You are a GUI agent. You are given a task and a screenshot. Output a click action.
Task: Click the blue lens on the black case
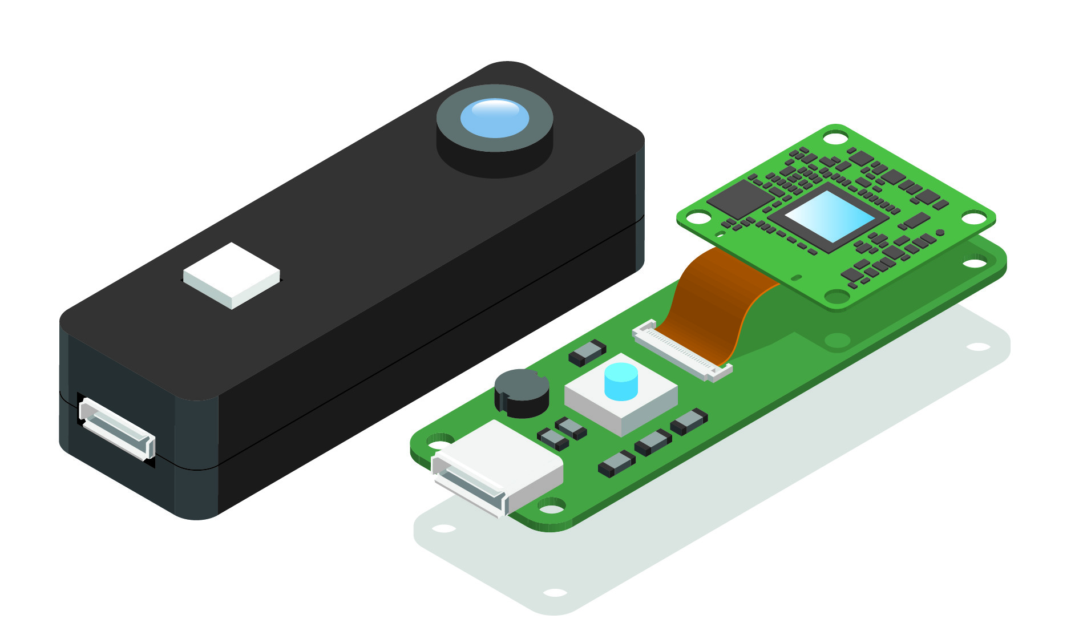[x=495, y=118]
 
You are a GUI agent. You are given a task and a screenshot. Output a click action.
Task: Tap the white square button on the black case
[x=231, y=275]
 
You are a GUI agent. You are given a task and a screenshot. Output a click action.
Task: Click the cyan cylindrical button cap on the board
[x=620, y=381]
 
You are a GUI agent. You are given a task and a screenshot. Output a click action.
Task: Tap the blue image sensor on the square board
[x=829, y=216]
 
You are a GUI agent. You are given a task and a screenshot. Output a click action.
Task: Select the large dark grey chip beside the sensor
[x=740, y=199]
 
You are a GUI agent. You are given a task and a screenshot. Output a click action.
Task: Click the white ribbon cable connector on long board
[x=682, y=351]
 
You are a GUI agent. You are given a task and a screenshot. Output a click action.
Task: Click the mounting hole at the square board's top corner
[x=836, y=137]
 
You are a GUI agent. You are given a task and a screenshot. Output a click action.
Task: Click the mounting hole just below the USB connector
[x=551, y=505]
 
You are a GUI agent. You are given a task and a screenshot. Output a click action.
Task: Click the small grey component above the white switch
[x=587, y=352]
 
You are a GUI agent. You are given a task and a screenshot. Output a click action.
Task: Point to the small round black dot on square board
[x=940, y=233]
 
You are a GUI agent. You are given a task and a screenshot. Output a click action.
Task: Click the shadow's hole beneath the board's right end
[x=978, y=347]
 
